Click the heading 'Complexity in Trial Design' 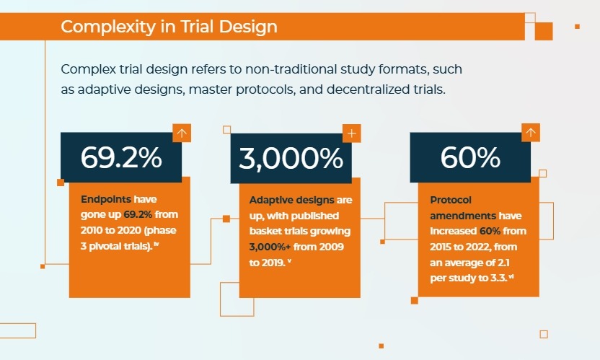coord(169,27)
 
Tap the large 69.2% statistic coord(121,157)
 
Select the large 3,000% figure coord(291,158)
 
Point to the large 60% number coord(470,157)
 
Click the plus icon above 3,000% coord(352,133)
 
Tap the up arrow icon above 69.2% coord(182,133)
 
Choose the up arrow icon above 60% coord(531,133)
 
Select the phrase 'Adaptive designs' coord(291,200)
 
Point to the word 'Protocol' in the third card coord(451,200)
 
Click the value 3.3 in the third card coord(498,278)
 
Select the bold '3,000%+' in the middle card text coord(270,247)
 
